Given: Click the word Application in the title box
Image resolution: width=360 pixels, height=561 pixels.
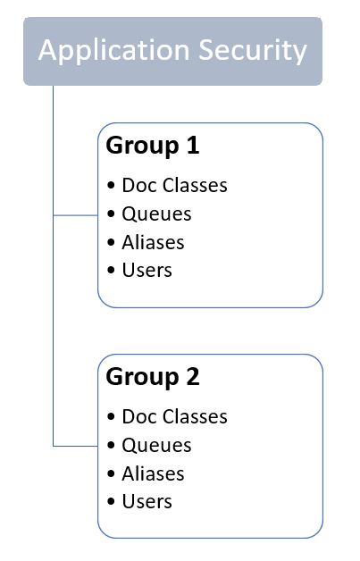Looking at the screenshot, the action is click(x=113, y=52).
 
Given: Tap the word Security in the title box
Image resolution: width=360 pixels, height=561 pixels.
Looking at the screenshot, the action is click(x=253, y=52).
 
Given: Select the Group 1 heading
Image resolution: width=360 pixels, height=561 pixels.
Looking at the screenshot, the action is click(x=153, y=147).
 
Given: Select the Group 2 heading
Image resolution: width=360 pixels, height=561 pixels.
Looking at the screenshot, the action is click(x=153, y=378).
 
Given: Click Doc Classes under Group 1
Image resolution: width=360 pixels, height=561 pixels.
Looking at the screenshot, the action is click(x=174, y=185).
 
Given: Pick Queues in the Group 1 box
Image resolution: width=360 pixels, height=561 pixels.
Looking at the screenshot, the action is click(x=156, y=214).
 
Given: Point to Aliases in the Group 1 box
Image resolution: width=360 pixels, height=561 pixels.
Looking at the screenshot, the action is click(x=153, y=242).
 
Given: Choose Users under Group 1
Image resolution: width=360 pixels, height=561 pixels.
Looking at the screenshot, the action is click(x=147, y=270).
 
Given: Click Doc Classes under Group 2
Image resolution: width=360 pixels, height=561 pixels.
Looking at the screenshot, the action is click(x=174, y=417).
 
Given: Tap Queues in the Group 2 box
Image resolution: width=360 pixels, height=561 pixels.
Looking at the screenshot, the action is click(x=156, y=446).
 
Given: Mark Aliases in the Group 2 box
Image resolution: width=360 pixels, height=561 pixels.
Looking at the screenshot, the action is click(x=153, y=473).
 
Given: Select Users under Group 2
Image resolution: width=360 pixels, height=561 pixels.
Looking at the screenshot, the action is click(x=147, y=502).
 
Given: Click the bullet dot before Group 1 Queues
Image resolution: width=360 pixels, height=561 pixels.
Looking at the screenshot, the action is click(x=111, y=214).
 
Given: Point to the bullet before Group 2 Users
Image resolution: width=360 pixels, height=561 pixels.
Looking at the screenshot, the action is click(x=111, y=502).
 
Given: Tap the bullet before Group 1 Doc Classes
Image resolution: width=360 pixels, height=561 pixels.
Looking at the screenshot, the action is click(x=111, y=185).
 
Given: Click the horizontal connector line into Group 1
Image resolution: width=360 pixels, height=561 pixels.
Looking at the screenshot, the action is click(x=76, y=215).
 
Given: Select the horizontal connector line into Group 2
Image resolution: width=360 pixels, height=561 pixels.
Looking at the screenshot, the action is click(x=76, y=446).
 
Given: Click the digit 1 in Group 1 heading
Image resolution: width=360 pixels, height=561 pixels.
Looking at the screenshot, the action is click(x=193, y=145).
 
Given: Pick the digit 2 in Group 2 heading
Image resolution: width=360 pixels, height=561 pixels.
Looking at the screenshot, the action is click(x=193, y=376).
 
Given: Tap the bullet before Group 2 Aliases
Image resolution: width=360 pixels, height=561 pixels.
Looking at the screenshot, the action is click(x=111, y=473).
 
